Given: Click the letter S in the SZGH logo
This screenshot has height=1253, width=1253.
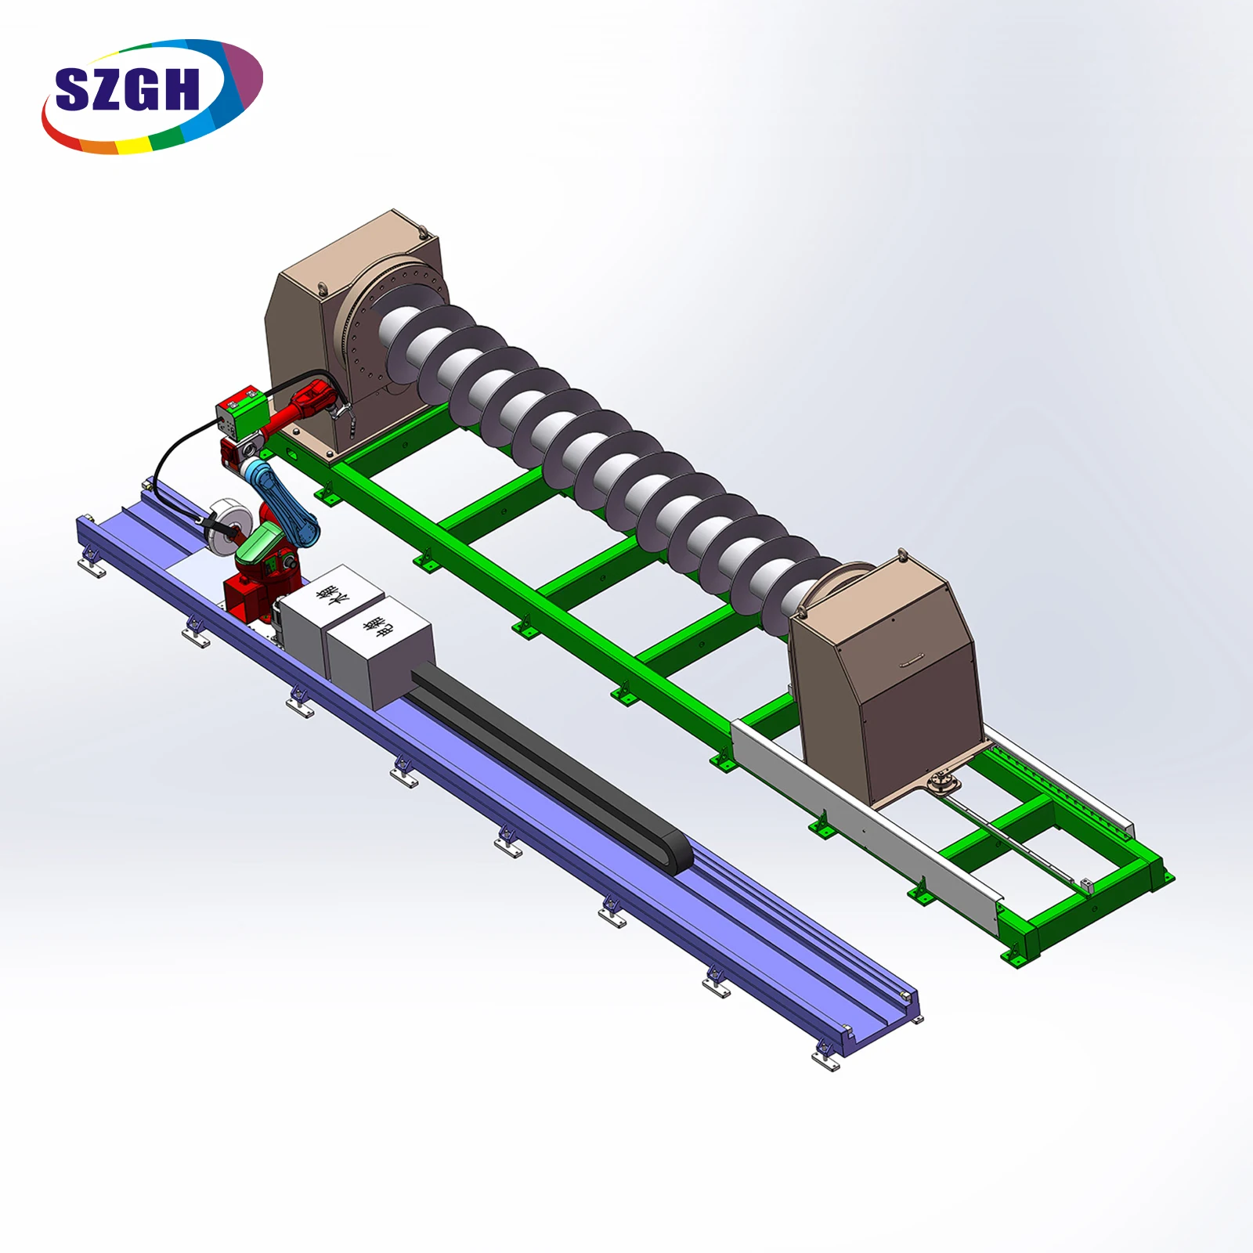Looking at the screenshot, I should [x=74, y=89].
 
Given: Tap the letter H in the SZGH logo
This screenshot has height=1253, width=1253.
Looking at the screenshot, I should [x=181, y=89].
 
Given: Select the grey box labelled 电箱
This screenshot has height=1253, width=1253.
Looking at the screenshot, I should [x=380, y=650].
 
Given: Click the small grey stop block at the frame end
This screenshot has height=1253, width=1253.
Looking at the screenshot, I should [x=1086, y=885].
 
